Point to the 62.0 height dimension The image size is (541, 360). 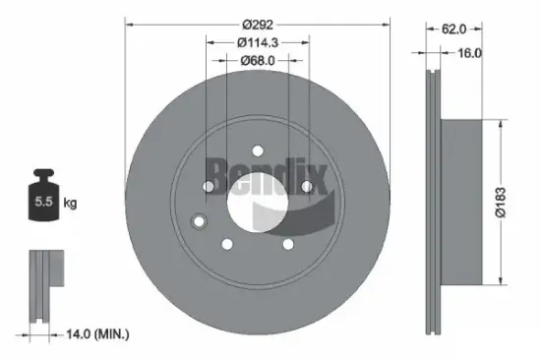454,30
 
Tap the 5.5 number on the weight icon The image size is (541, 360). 43,204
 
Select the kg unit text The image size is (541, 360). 70,204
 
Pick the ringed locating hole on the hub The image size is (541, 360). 200,220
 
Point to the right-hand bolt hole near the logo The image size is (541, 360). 306,186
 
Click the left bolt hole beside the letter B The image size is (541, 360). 208,187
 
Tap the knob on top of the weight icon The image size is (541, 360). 43,177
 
